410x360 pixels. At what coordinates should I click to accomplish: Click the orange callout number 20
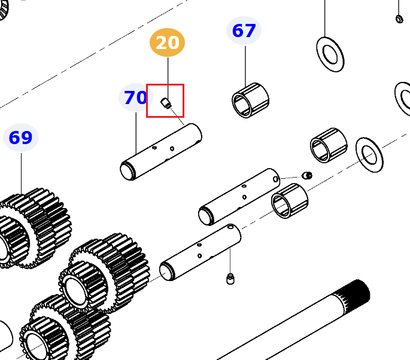coord(168,42)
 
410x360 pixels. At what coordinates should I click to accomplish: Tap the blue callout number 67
coord(244,30)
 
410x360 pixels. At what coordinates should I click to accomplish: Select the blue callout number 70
coord(135,97)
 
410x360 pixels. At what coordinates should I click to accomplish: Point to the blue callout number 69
coord(21,138)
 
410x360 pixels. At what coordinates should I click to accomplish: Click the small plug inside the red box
coord(166,103)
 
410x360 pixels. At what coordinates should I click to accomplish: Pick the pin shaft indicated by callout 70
coord(161,152)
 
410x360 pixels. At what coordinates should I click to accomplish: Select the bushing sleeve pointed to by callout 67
coord(251,100)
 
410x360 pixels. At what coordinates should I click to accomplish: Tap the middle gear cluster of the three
coord(104,273)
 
